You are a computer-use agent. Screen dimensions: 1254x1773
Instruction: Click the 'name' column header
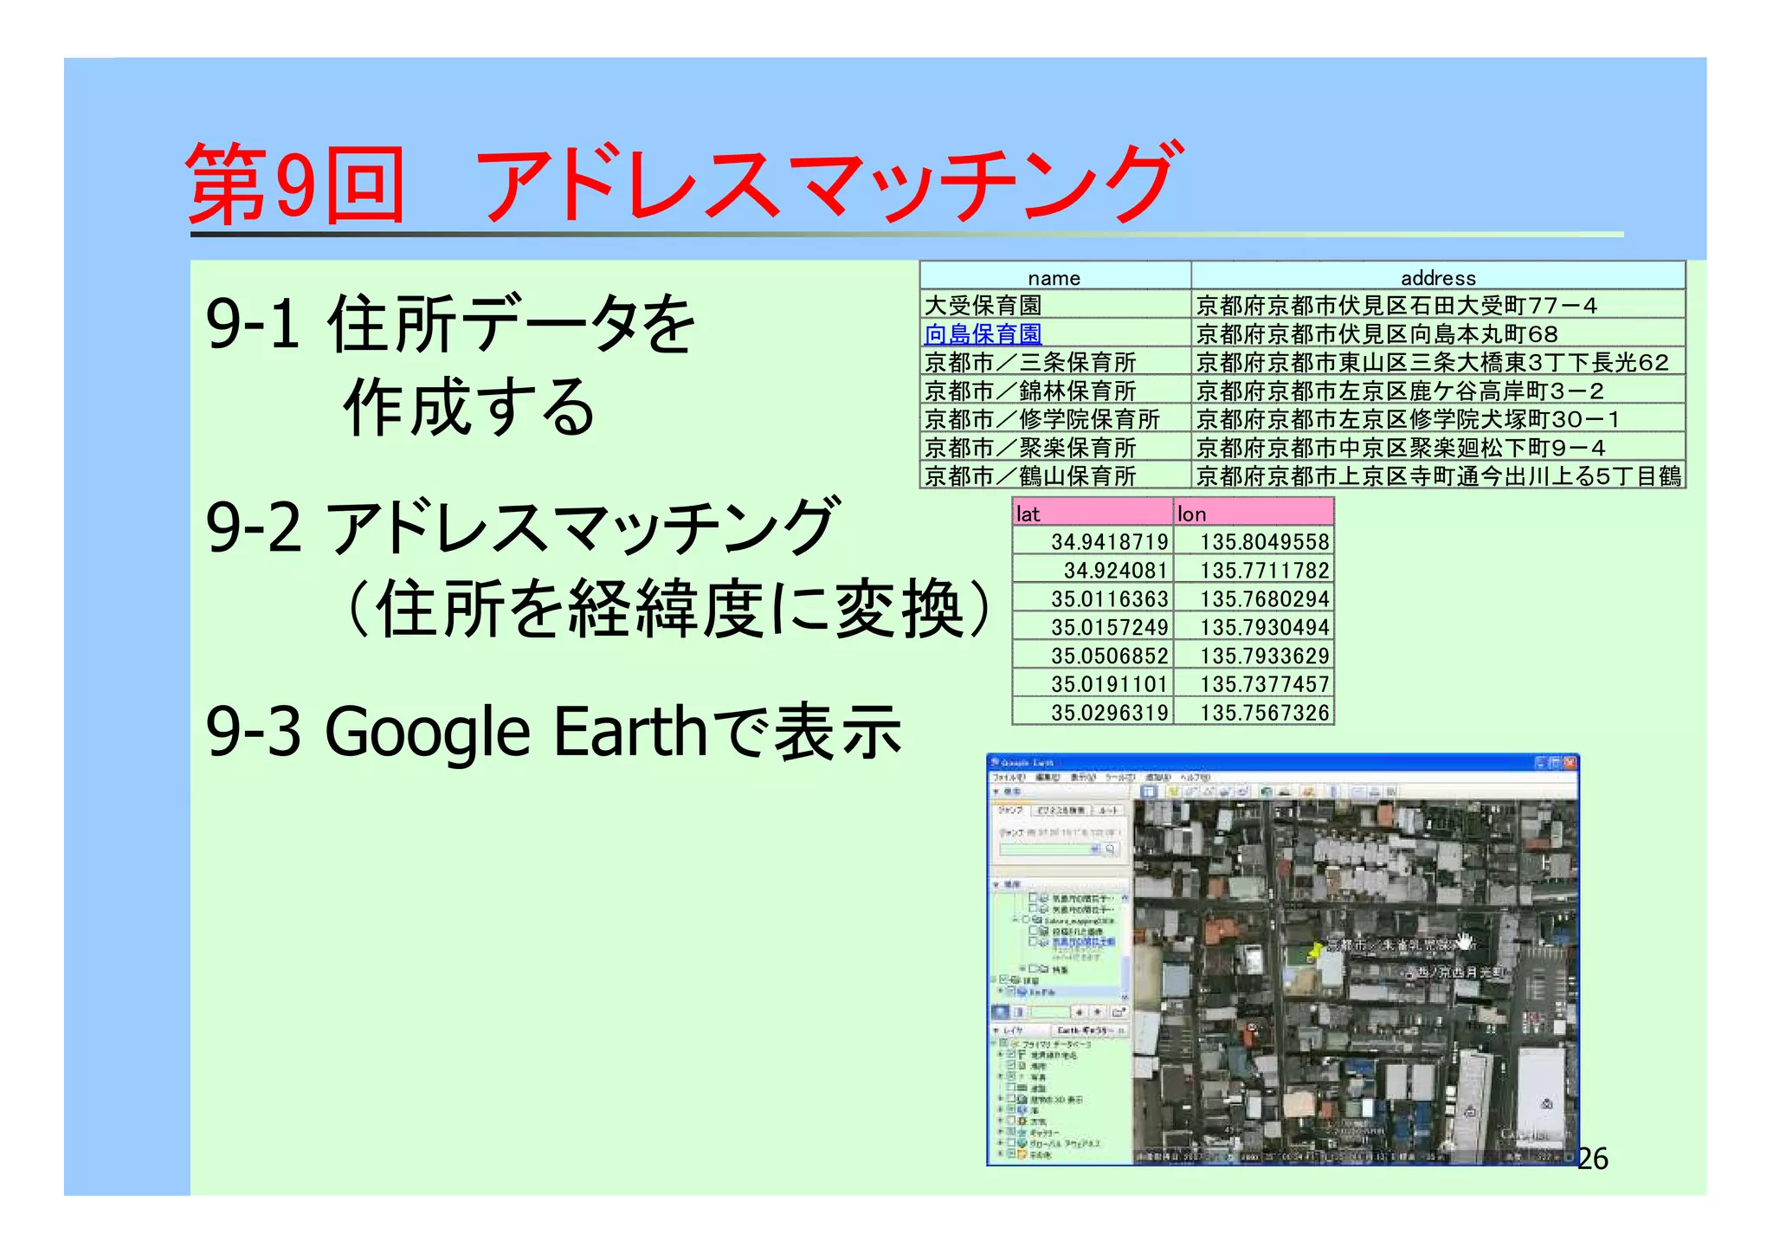1054,278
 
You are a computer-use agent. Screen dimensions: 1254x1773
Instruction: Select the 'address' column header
1437,278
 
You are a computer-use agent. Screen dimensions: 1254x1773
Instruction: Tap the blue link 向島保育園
983,334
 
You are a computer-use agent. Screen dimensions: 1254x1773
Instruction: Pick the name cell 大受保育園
983,306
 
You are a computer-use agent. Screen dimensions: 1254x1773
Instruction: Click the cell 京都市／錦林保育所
1029,391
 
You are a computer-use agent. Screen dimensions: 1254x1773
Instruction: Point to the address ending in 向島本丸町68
1376,334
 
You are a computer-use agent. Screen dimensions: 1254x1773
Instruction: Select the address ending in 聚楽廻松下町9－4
1400,448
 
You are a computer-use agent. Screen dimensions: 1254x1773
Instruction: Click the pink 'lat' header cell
1092,514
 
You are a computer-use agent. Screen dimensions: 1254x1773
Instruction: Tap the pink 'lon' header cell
1253,514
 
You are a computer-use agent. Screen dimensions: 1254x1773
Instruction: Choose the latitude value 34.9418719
1109,542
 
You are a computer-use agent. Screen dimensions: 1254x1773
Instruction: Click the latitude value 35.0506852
1109,656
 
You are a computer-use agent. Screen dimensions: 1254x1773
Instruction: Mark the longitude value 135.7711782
1264,571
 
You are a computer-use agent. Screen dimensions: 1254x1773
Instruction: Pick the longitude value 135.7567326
1264,713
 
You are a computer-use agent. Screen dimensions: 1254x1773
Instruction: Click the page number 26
1592,1159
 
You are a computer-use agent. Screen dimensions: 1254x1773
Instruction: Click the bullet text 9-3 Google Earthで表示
554,732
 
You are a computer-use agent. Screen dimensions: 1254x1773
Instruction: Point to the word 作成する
468,407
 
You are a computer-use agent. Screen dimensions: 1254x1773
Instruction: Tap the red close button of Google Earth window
1570,763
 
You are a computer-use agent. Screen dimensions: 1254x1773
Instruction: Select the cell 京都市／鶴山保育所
1029,476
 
